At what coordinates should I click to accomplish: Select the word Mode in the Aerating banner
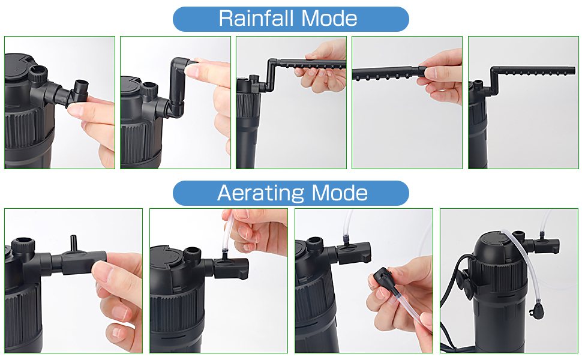tap(340, 193)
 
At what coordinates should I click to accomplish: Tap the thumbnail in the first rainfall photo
tap(77, 110)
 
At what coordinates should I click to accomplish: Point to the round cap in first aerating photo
tap(23, 245)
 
